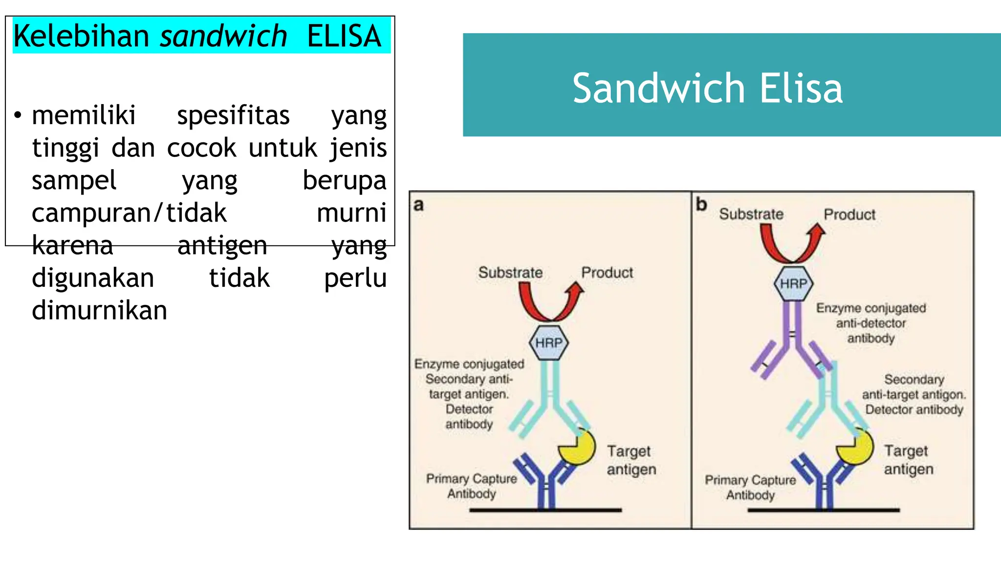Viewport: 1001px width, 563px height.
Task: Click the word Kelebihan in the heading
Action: coord(81,36)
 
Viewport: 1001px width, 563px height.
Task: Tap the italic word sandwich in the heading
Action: coord(223,36)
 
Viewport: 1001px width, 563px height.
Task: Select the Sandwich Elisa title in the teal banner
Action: coord(707,88)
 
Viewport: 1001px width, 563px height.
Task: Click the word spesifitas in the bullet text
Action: coord(233,116)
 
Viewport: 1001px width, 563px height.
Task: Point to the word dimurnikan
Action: coord(99,311)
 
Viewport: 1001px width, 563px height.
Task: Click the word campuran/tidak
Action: coord(129,213)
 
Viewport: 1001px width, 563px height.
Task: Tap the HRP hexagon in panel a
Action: coord(549,343)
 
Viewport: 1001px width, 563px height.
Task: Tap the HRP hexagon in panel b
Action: coord(793,283)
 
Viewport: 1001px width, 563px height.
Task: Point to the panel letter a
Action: coord(418,205)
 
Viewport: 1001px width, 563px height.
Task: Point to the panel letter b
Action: coord(701,204)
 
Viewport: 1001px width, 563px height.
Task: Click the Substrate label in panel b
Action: coord(751,214)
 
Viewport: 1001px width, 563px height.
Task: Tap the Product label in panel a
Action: coord(607,273)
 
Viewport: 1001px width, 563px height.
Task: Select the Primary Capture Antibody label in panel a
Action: coord(471,486)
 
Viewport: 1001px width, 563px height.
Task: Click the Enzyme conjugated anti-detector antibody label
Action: coord(870,323)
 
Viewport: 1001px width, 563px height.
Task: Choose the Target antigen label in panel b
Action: coord(908,460)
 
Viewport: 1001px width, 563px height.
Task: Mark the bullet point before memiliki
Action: coord(18,116)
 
